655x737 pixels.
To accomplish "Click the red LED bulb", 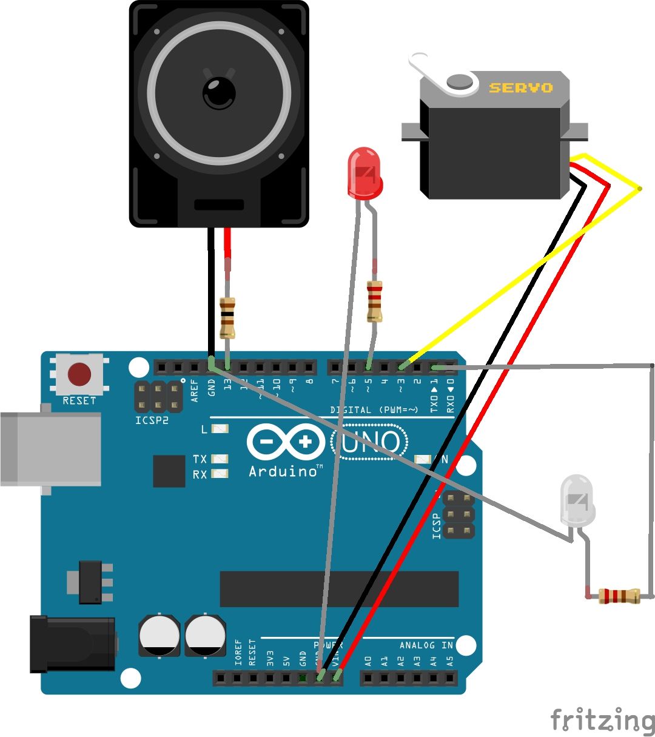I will click(365, 172).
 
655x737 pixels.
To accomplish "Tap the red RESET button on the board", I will click(79, 375).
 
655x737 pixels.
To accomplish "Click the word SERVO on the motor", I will click(521, 88).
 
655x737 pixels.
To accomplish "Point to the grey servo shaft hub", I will click(460, 81).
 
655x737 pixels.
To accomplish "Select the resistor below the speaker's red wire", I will click(227, 318).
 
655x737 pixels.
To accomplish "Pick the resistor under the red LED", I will click(374, 302).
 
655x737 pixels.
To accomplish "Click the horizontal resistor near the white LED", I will click(619, 596).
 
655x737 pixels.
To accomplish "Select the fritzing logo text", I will click(602, 721).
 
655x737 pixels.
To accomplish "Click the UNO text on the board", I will click(369, 443).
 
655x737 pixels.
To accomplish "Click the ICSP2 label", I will click(152, 420).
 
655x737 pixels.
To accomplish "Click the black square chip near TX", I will click(169, 471).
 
